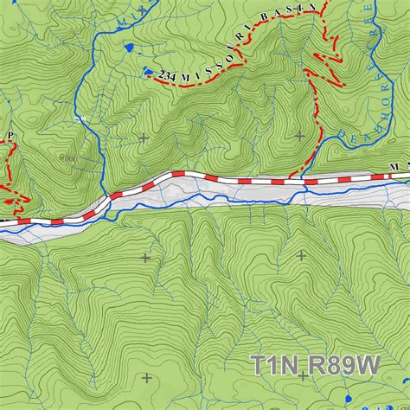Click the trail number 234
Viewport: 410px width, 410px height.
pos(168,78)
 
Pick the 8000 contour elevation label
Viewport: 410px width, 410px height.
pos(69,159)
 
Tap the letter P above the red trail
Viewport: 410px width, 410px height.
pos(10,136)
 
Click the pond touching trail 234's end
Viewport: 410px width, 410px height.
pos(149,72)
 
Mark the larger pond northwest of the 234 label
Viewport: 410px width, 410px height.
pos(129,48)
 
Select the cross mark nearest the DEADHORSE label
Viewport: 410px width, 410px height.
pos(300,135)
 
